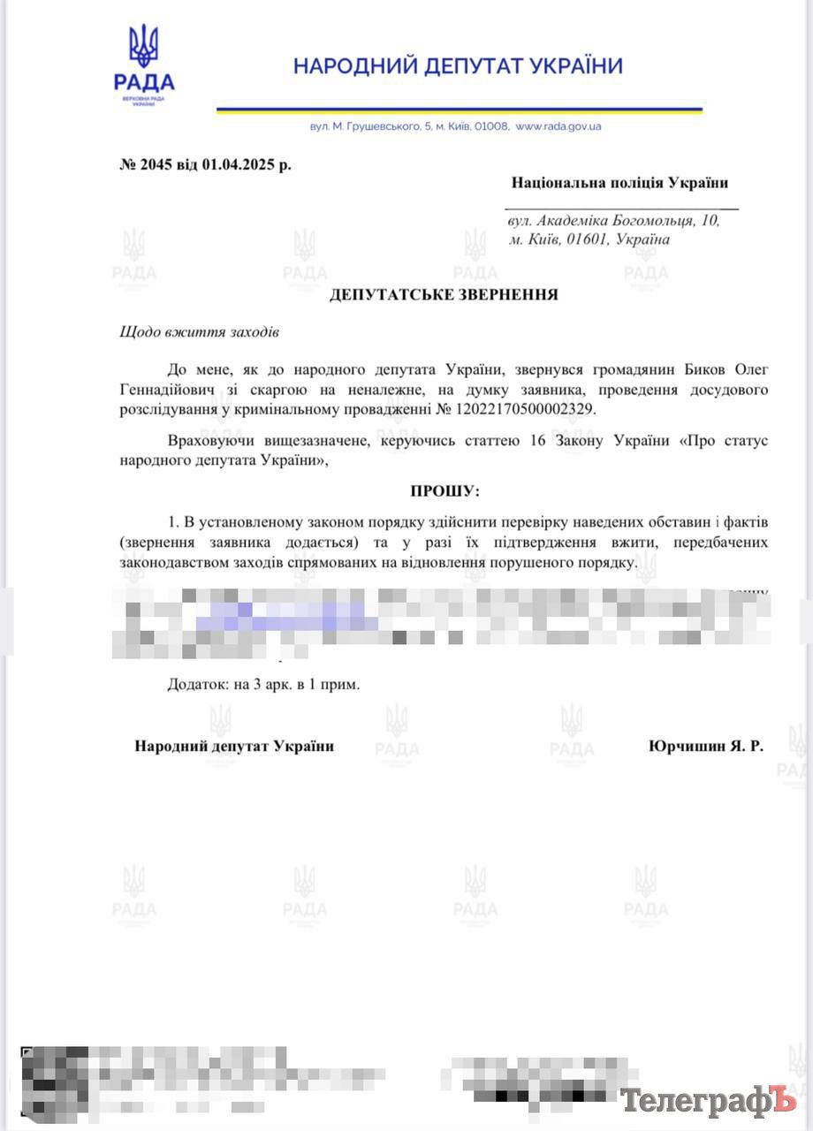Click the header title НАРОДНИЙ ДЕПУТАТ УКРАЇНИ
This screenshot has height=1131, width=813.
coord(458,65)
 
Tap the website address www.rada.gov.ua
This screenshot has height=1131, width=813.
coord(558,126)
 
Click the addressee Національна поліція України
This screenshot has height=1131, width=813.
coord(619,183)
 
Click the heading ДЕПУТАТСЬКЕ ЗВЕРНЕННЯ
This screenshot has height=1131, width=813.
coord(444,294)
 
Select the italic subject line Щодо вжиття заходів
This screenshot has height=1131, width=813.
coord(199,332)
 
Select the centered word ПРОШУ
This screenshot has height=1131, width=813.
coord(444,490)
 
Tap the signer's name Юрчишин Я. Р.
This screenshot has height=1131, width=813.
coord(706,746)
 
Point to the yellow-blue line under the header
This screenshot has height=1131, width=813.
coord(459,110)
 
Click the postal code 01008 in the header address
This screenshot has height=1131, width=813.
coord(490,126)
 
